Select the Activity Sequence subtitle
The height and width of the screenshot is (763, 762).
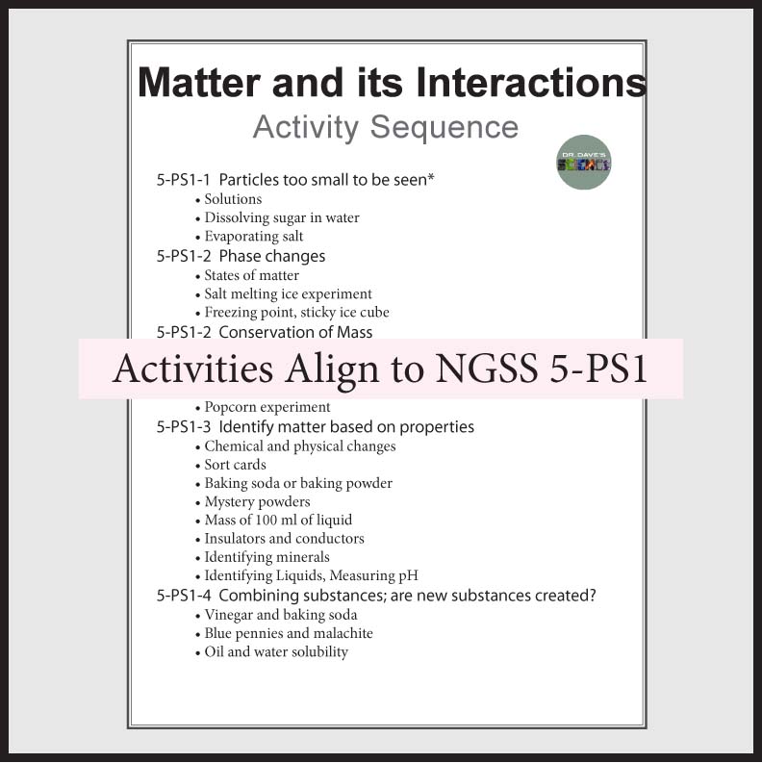(385, 128)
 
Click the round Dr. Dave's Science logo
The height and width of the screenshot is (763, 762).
(584, 163)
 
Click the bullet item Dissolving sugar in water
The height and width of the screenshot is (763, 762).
(281, 217)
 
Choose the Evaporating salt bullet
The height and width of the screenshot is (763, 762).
(253, 237)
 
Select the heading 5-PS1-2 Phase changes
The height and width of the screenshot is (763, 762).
(241, 256)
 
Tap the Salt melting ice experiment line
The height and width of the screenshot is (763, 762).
(288, 294)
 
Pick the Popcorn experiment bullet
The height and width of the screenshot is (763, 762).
(267, 407)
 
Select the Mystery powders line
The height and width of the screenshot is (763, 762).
(257, 501)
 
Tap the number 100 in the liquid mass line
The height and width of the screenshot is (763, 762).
(276, 521)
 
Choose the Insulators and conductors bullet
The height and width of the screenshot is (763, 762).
(284, 539)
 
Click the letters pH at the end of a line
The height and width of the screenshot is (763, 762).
(409, 576)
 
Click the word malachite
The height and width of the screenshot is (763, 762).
(340, 633)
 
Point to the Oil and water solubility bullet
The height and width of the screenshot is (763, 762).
(276, 652)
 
